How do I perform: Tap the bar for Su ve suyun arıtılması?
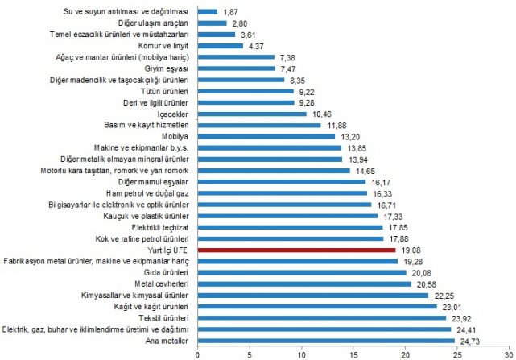click(207, 12)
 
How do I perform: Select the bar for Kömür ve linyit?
click(220, 46)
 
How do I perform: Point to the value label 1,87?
click(230, 12)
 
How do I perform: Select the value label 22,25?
click(443, 296)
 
